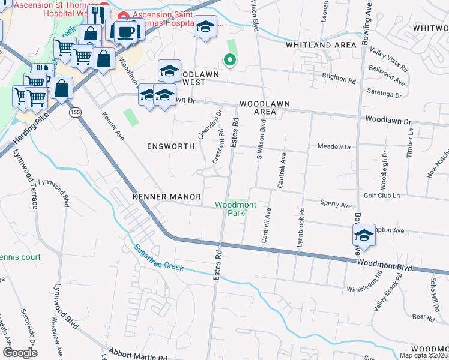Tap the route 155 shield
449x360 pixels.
pos(74,112)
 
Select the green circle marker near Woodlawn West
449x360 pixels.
pos(229,59)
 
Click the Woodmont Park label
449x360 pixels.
pos(236,209)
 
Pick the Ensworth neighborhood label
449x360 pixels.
pos(171,146)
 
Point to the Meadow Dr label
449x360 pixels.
pos(334,146)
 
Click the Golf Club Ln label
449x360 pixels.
pos(382,196)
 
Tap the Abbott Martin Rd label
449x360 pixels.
pos(138,355)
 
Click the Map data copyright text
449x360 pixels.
pos(423,355)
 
